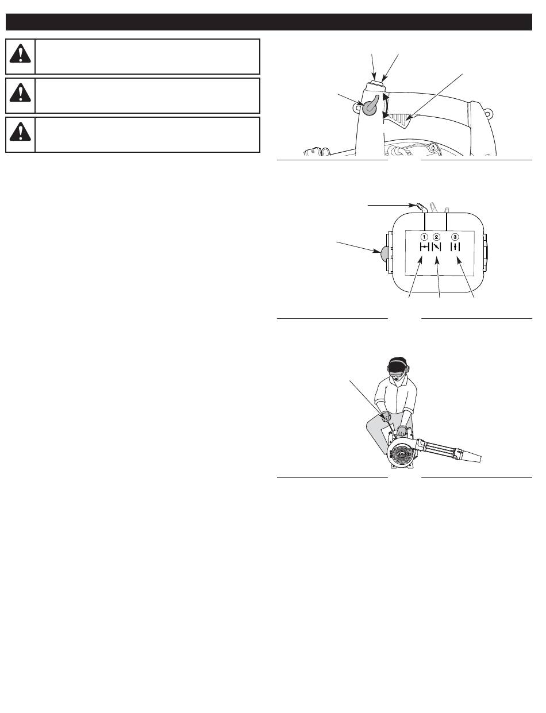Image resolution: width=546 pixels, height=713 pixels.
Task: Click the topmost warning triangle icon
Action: [x=20, y=54]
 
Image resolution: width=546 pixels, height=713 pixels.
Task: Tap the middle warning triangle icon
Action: [x=20, y=93]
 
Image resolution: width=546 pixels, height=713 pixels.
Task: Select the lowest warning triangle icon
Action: [x=20, y=132]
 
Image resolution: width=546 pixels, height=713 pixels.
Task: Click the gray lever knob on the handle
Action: [x=370, y=107]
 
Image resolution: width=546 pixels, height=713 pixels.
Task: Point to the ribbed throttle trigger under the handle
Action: [x=398, y=120]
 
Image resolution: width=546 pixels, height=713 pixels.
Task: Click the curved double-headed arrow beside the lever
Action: [x=386, y=106]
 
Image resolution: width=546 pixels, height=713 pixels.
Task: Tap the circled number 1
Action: [x=424, y=237]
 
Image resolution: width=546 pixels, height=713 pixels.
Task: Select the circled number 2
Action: [x=436, y=237]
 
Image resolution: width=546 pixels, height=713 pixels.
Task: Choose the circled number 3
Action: [x=455, y=237]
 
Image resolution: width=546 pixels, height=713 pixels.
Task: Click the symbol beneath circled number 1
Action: [x=424, y=247]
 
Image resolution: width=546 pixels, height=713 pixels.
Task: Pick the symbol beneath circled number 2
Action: [x=436, y=247]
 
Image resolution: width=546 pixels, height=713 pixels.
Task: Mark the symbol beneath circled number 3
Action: [x=455, y=247]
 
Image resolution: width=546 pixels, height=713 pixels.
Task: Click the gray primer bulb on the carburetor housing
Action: [x=384, y=254]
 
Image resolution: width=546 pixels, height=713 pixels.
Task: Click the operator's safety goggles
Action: [x=398, y=375]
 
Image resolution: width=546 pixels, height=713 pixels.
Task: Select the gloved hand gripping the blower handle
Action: [x=402, y=430]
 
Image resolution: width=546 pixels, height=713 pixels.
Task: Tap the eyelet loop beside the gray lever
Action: [x=357, y=107]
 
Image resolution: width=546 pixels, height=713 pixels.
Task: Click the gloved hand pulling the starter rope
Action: [x=386, y=417]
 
